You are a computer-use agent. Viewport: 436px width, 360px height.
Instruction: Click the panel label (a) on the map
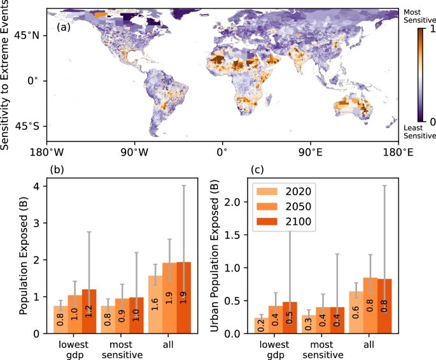(x=63, y=28)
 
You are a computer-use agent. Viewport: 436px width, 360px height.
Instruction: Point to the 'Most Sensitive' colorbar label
(x=419, y=17)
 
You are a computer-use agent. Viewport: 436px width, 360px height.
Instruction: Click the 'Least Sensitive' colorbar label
(x=419, y=131)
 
